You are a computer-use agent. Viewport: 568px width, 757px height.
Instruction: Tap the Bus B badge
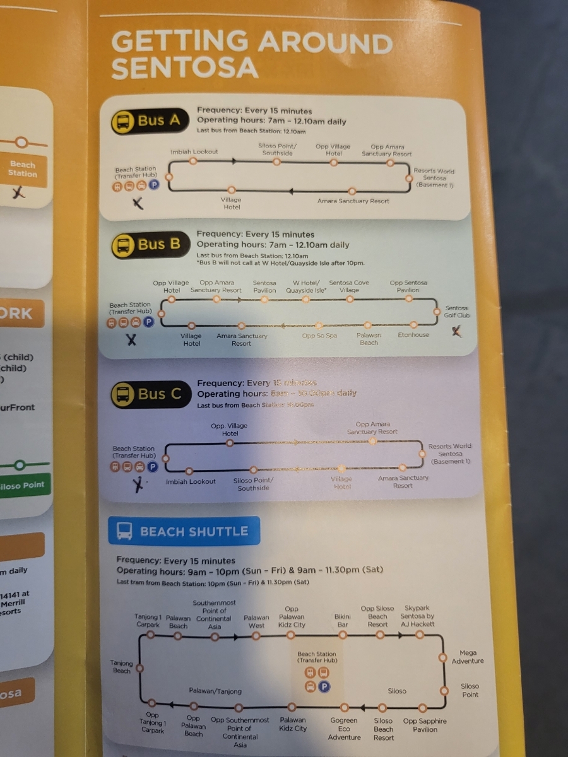tap(150, 245)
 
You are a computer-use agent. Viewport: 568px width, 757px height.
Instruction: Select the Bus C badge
tap(150, 395)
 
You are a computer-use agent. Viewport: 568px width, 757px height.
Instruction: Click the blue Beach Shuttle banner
tap(184, 531)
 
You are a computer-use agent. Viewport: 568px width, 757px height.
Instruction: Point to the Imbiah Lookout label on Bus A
tap(194, 152)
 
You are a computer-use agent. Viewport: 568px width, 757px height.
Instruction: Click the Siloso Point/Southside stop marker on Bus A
tap(276, 162)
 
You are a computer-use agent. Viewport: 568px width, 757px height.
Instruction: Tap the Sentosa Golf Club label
tap(457, 312)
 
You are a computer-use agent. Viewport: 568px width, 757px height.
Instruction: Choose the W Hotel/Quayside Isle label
tap(307, 286)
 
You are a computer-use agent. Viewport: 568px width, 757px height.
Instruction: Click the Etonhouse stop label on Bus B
tap(413, 335)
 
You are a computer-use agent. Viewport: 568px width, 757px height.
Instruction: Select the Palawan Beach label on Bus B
tap(369, 339)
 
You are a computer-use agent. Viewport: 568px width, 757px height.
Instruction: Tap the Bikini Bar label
tap(342, 620)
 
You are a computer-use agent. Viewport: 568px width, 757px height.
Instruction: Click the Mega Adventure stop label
tap(468, 657)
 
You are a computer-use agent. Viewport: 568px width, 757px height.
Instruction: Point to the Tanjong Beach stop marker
tap(140, 667)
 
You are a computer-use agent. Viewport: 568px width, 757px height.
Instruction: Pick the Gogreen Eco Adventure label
tap(344, 729)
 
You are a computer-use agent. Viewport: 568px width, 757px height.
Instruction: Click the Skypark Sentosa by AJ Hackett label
tap(417, 616)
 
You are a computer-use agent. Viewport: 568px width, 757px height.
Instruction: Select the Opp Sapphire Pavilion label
tap(425, 725)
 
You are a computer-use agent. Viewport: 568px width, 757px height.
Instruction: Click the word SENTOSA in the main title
tap(185, 67)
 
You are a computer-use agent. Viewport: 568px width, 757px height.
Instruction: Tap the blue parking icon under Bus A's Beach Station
tap(154, 185)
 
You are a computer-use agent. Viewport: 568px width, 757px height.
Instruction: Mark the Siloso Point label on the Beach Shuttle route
tap(470, 690)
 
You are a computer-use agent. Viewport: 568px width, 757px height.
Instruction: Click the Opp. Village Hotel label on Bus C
tap(229, 430)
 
